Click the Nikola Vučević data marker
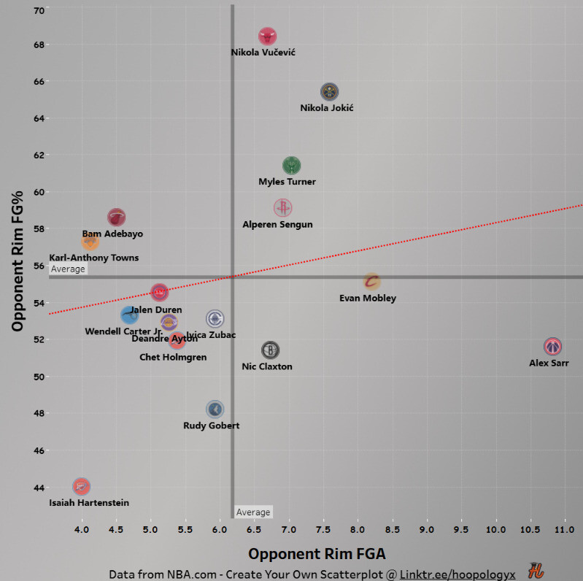pyautogui.click(x=267, y=36)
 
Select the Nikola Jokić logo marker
pyautogui.click(x=329, y=91)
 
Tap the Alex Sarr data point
pyautogui.click(x=552, y=346)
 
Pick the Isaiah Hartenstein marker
pyautogui.click(x=82, y=486)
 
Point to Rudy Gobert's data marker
pyautogui.click(x=215, y=409)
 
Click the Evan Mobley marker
pyautogui.click(x=371, y=281)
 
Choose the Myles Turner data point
pyautogui.click(x=291, y=165)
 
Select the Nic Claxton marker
pyautogui.click(x=270, y=350)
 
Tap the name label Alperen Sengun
pyautogui.click(x=277, y=225)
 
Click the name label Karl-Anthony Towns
pyautogui.click(x=93, y=258)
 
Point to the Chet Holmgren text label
pyautogui.click(x=173, y=358)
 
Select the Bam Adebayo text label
pyautogui.click(x=112, y=234)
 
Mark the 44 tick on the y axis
pyautogui.click(x=39, y=488)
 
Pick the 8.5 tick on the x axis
pyautogui.click(x=392, y=529)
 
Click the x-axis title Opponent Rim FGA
pyautogui.click(x=317, y=553)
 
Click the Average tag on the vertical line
pyautogui.click(x=253, y=512)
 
